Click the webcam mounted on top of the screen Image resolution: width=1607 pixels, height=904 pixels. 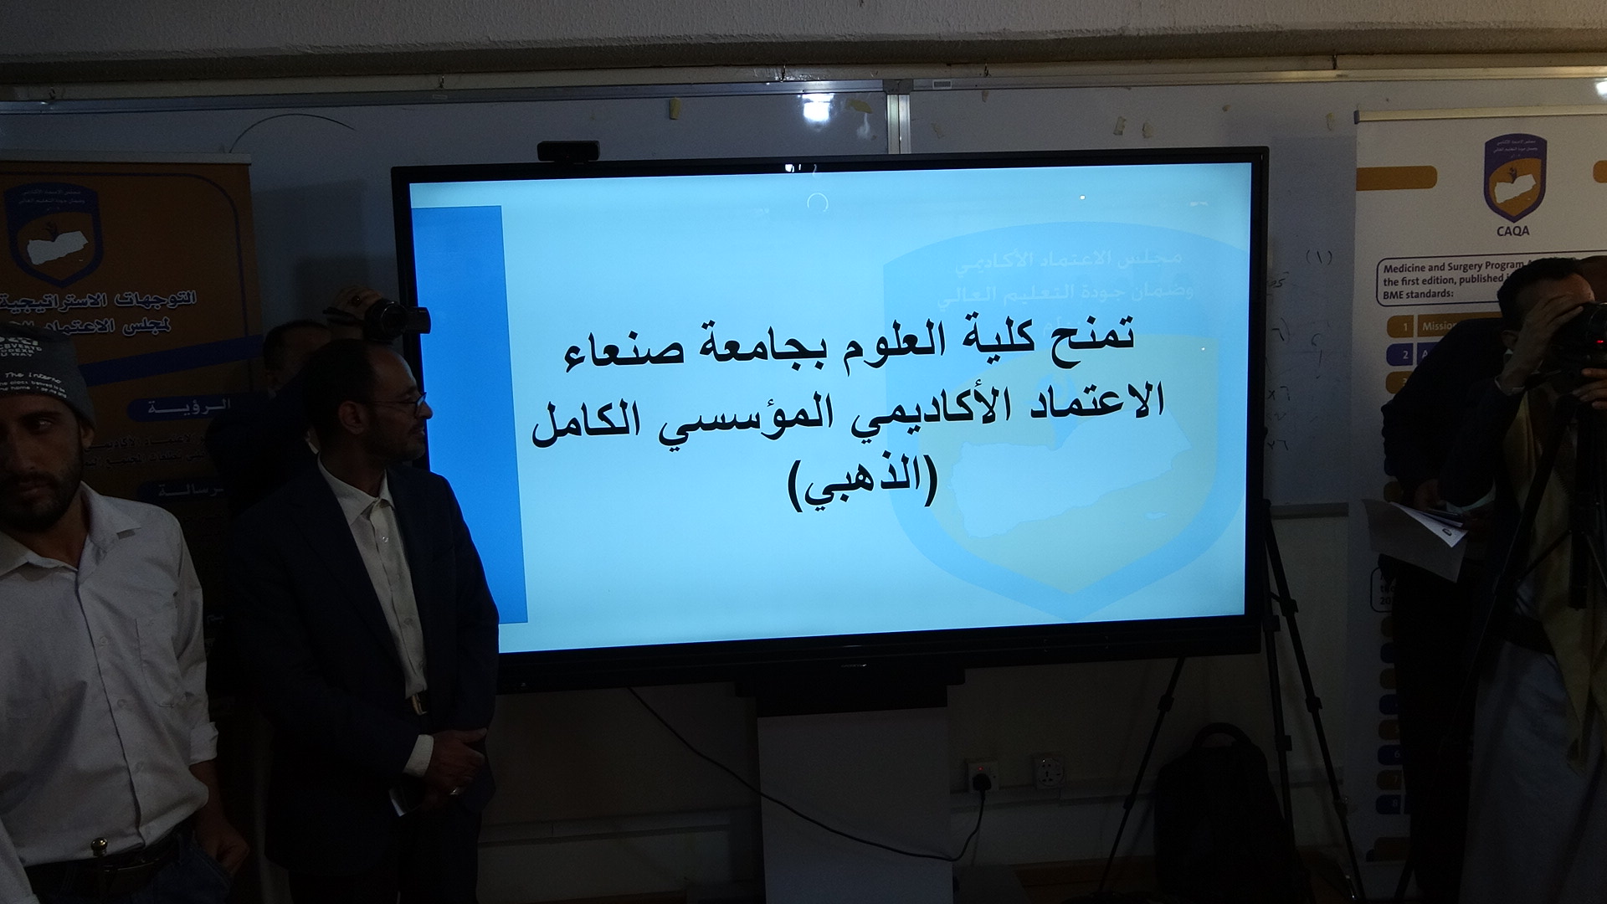pos(567,152)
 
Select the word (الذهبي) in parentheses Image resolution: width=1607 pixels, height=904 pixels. pos(862,484)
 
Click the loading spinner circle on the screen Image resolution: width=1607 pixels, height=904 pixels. pos(818,202)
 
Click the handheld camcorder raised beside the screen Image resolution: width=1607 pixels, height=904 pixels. pos(393,318)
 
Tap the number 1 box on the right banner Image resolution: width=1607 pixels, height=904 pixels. pos(1407,326)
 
